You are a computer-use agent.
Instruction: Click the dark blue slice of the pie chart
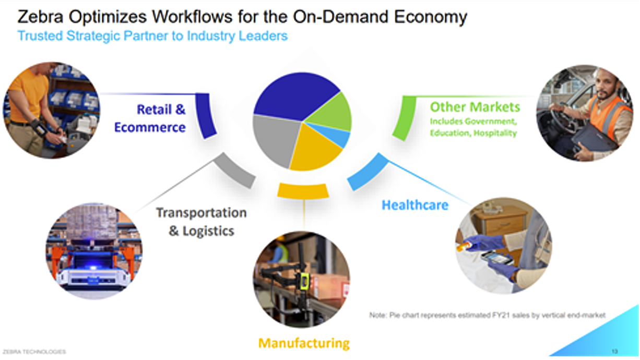tap(294, 95)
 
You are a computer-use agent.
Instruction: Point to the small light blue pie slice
tap(337, 135)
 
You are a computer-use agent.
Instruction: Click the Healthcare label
tap(415, 205)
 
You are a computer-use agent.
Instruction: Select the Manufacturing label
tap(304, 343)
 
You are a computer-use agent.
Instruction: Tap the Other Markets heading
tap(475, 107)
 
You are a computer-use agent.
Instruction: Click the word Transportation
tap(202, 213)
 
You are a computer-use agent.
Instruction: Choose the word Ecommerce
tap(150, 127)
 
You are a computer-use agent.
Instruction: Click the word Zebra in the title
tap(40, 17)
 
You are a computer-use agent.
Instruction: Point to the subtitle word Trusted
tap(40, 36)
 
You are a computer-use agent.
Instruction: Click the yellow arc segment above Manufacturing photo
tap(303, 191)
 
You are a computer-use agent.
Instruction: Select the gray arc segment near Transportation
tap(234, 171)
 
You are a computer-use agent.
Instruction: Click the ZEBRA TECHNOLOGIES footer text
tap(34, 352)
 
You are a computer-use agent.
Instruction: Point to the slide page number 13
tap(615, 351)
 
